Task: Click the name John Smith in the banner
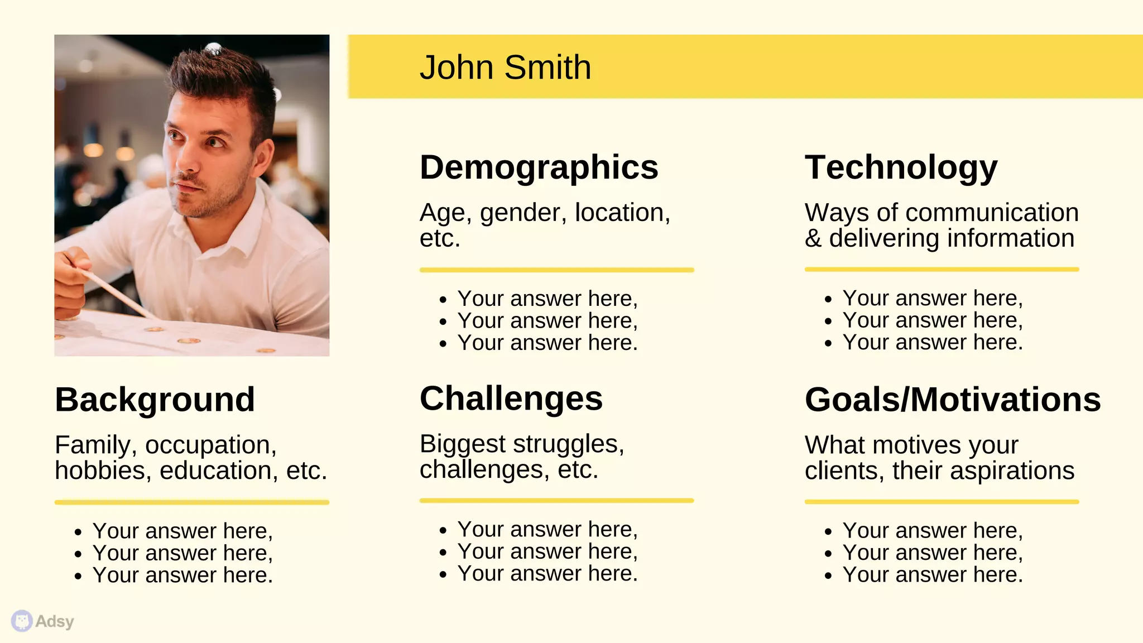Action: (x=505, y=68)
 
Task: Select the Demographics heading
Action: (x=539, y=167)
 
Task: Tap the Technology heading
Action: (x=901, y=167)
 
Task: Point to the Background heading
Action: (x=155, y=400)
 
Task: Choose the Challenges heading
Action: (x=511, y=399)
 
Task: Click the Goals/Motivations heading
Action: (x=952, y=400)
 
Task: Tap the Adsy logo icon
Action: (x=22, y=621)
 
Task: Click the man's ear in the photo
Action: (x=264, y=156)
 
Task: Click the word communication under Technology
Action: (x=992, y=213)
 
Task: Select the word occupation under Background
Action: (x=210, y=445)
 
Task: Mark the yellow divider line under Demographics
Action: (x=556, y=270)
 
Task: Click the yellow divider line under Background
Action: (x=191, y=502)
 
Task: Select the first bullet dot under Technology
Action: (x=828, y=300)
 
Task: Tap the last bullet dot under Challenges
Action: (x=443, y=574)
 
